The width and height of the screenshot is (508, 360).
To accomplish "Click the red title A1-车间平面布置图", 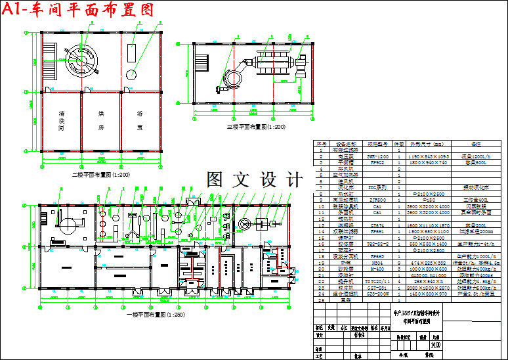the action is (79, 10).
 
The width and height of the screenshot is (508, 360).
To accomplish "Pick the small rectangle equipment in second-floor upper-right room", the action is (132, 51).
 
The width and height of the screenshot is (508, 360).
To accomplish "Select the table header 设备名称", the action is (347, 143).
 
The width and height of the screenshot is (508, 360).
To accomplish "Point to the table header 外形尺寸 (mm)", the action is (427, 143).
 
